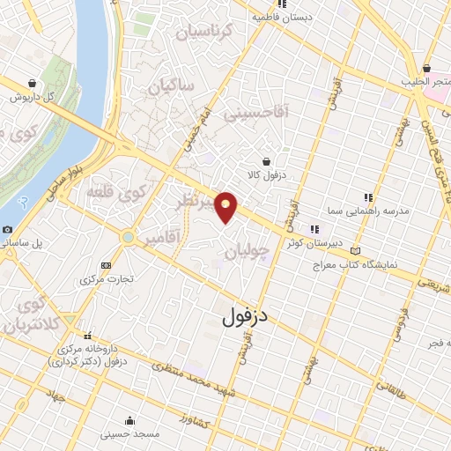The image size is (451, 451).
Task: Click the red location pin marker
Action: (x=226, y=206)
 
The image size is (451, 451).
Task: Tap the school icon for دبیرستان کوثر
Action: (x=314, y=229)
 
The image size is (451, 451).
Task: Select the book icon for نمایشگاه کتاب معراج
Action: (x=355, y=250)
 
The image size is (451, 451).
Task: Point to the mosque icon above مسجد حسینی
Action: (x=130, y=420)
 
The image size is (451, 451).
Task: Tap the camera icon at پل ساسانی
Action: (x=8, y=229)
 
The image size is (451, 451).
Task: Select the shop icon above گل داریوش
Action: (x=33, y=84)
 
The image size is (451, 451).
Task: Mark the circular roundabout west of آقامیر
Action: (x=129, y=236)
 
